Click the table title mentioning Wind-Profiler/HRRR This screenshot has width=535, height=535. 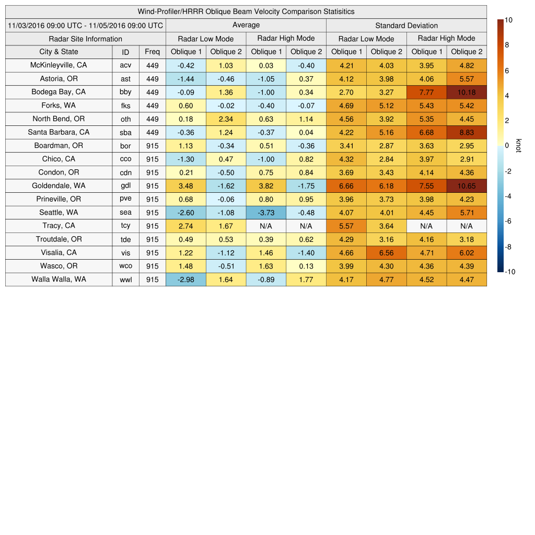tap(246, 11)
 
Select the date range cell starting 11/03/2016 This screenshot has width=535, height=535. tap(85, 25)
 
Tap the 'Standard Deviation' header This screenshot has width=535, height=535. tap(406, 26)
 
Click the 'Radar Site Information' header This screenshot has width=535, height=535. tap(85, 39)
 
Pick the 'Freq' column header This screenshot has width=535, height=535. tap(152, 52)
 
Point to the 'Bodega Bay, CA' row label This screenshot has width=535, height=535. tap(59, 92)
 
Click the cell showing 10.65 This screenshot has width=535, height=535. tap(467, 186)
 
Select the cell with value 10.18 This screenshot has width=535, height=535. tap(467, 92)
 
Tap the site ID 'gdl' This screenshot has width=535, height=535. tap(125, 186)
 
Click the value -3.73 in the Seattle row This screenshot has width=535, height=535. tap(266, 213)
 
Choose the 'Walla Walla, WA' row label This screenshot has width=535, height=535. tap(59, 280)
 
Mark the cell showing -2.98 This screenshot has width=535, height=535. tap(185, 280)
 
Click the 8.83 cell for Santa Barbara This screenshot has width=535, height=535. tap(467, 133)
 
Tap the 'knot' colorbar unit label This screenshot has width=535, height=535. tap(519, 146)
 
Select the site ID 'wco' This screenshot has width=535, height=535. tap(125, 266)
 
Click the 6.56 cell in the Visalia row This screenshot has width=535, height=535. tap(386, 253)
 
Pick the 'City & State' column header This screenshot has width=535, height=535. tap(59, 52)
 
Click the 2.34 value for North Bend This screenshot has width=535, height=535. tap(226, 119)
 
